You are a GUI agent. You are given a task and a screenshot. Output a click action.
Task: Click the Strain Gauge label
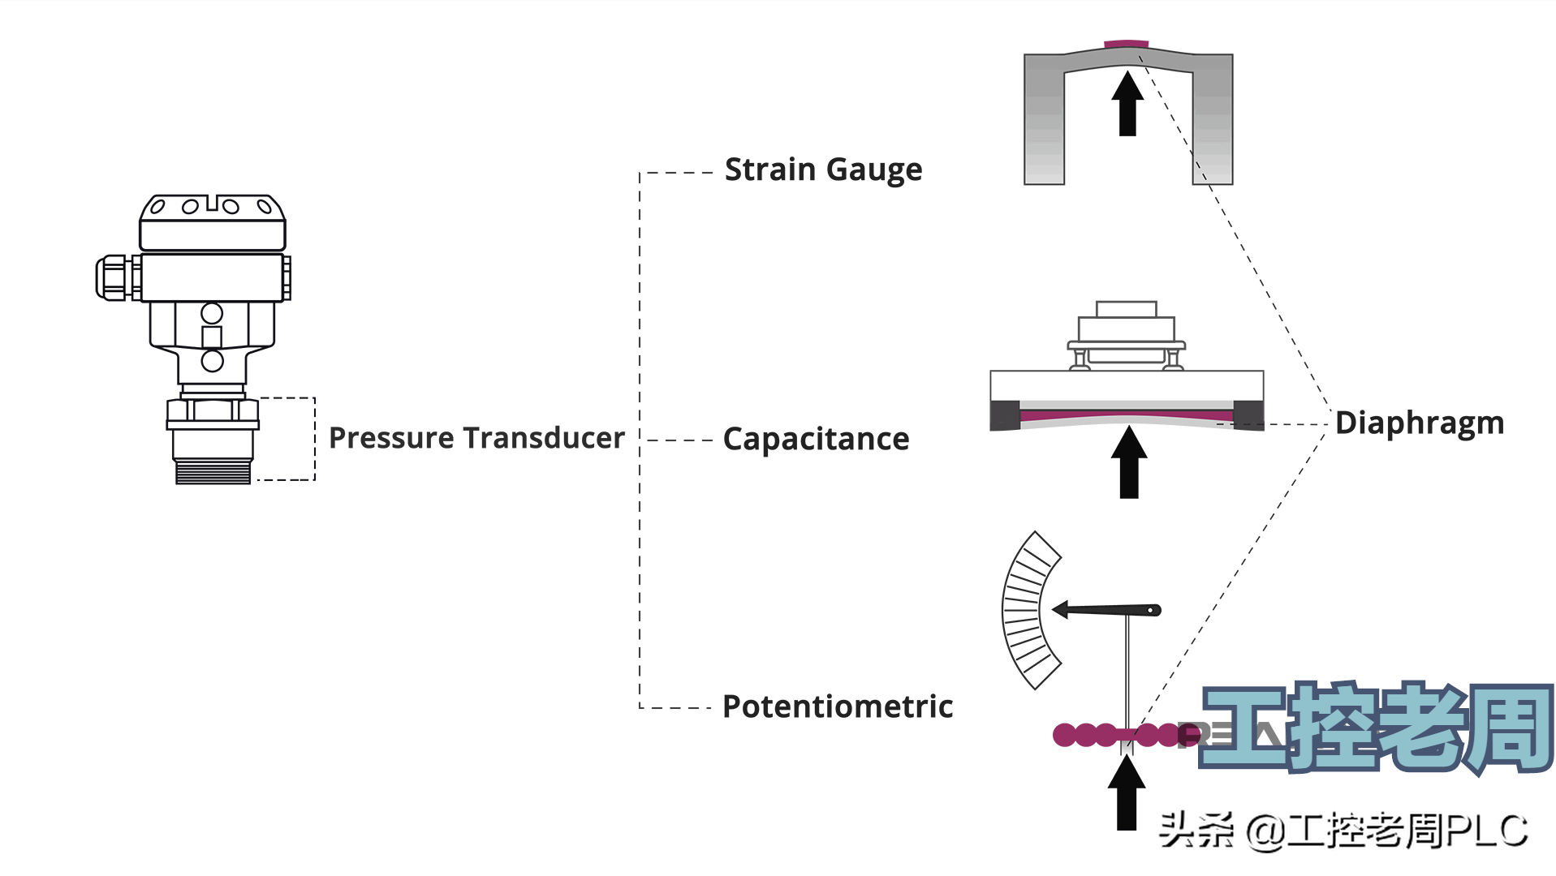pos(823,170)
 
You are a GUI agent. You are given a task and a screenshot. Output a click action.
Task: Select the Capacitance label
pos(816,439)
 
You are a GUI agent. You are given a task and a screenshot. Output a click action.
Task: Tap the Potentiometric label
pos(838,706)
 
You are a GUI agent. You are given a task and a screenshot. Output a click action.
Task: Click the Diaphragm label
pos(1420,423)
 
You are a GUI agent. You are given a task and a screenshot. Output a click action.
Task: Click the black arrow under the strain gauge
pos(1127,104)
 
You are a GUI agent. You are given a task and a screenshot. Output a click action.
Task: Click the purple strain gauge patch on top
pos(1126,44)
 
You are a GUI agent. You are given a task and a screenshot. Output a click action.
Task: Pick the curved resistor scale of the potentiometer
pos(1024,610)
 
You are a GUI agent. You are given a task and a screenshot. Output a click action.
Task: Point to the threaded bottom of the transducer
pos(213,471)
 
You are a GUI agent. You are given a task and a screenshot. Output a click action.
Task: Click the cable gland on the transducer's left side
pos(114,277)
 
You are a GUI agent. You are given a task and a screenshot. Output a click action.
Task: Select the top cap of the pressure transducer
pos(213,221)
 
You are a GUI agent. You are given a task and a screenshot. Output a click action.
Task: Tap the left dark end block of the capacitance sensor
pos(1005,414)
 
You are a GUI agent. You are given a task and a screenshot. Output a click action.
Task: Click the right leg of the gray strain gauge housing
pos(1213,122)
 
